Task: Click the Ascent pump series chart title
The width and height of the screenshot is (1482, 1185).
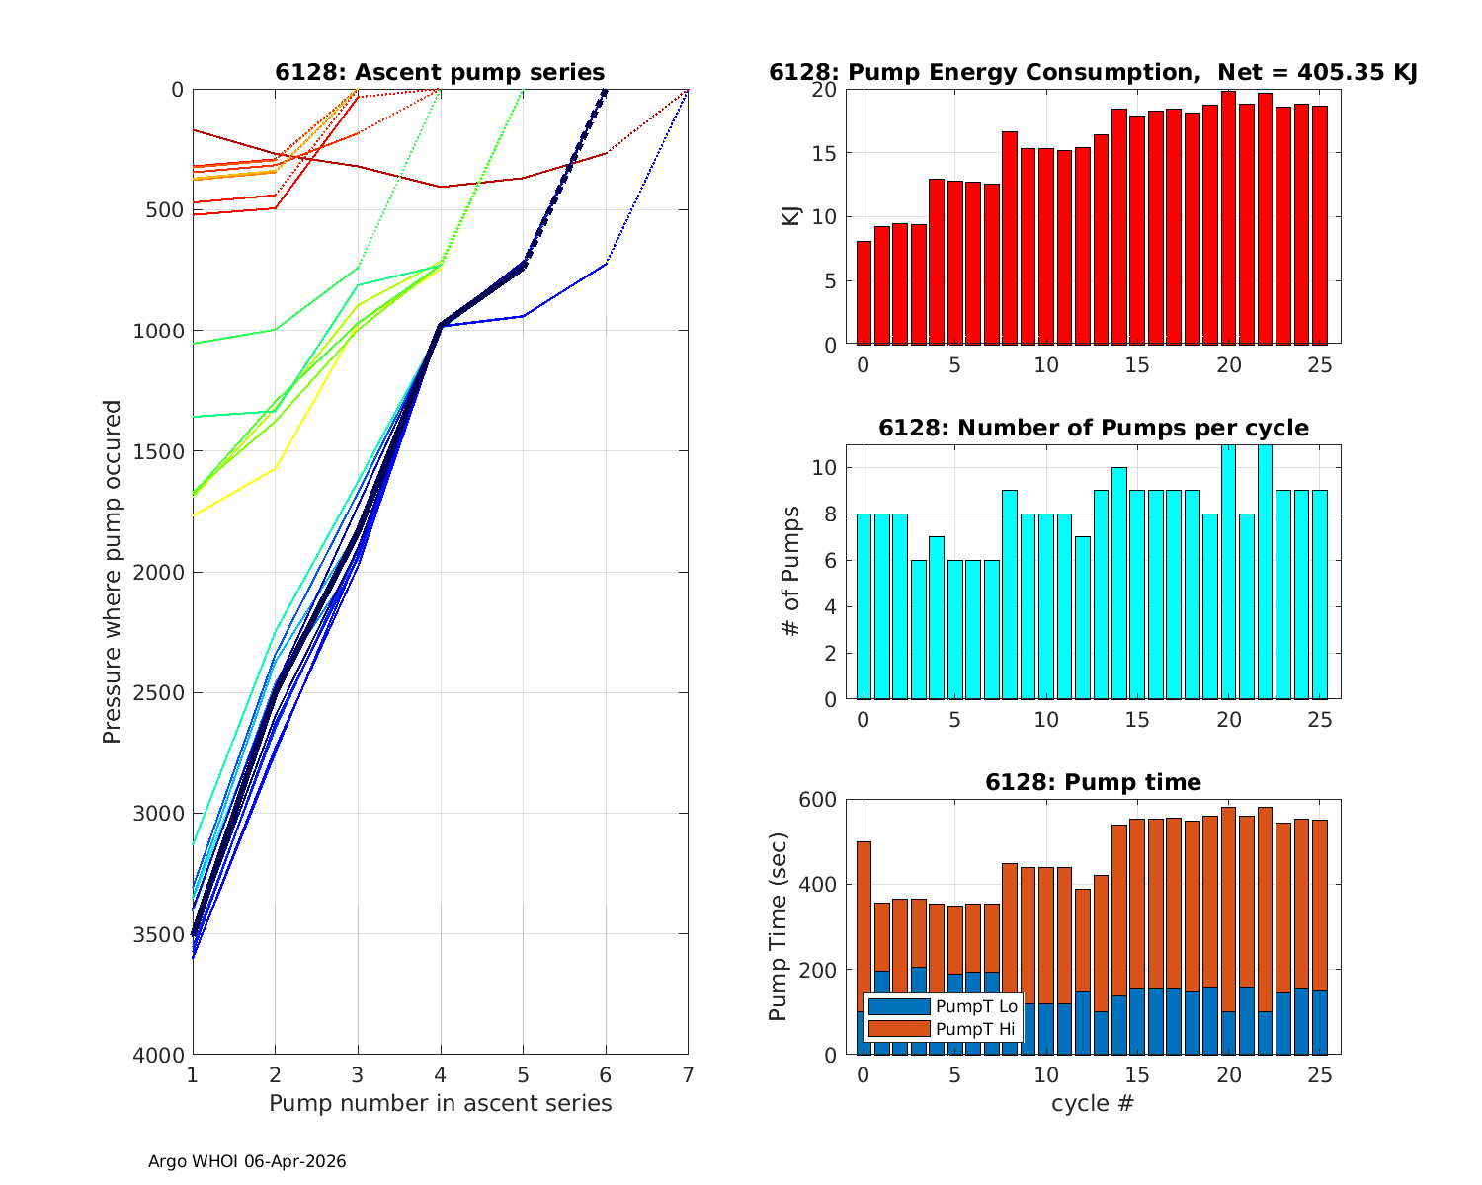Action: coord(440,72)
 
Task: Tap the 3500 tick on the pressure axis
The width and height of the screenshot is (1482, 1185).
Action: coord(164,934)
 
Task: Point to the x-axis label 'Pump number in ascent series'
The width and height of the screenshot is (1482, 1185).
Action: coord(440,1103)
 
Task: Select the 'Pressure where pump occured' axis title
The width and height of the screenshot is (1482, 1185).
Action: coord(112,571)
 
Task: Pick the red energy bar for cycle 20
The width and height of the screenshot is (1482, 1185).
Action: coord(1229,217)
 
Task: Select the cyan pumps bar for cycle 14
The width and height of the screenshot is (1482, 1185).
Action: coord(1119,583)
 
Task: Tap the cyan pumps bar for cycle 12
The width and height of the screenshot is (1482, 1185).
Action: coord(1083,617)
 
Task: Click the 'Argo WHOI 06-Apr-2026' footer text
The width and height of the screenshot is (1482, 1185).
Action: coord(247,1162)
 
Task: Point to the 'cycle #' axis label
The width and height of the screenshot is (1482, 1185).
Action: coord(1092,1103)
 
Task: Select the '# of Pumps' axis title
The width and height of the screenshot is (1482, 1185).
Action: coord(790,571)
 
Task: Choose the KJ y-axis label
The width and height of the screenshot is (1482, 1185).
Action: coord(790,216)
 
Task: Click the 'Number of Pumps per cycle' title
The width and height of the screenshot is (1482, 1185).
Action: coord(1093,428)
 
